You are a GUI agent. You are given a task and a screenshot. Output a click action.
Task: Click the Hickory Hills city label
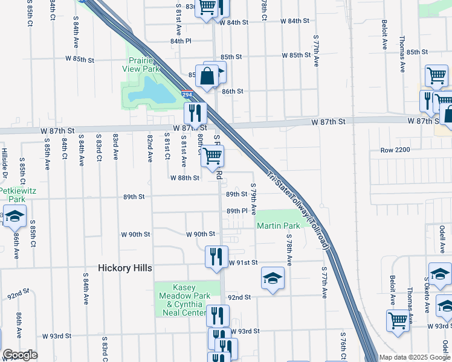tap(126, 267)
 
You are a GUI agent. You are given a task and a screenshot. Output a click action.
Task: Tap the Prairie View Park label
tap(143, 65)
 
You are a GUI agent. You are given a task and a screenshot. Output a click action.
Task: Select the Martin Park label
tap(278, 226)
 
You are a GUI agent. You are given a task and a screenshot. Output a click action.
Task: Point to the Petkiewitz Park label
tap(12, 194)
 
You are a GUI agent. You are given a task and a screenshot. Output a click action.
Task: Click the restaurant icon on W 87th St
tap(195, 112)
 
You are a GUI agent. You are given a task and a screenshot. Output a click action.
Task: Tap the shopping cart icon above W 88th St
tap(213, 156)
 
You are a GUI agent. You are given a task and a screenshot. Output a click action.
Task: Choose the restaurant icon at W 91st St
tap(216, 256)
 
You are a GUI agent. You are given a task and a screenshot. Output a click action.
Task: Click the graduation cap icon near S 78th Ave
tap(273, 278)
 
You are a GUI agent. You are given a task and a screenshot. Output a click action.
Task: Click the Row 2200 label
tap(396, 150)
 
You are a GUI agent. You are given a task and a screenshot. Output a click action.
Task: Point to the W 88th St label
tap(185, 178)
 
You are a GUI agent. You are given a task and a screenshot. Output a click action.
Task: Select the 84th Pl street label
tap(180, 41)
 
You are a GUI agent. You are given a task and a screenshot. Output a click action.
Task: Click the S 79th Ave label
tap(254, 200)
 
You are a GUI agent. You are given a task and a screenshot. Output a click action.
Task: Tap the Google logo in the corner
tap(19, 355)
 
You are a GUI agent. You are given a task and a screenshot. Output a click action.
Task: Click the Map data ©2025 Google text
tap(414, 357)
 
